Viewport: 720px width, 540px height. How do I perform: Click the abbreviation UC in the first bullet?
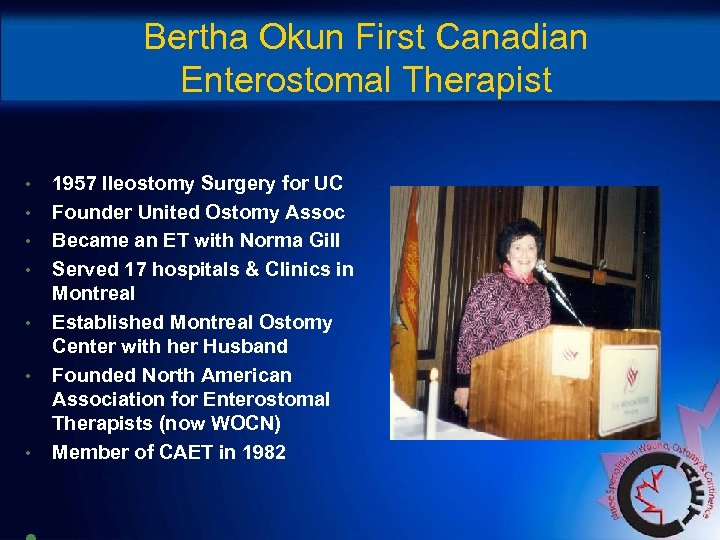click(327, 183)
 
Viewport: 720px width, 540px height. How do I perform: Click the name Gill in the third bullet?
click(318, 241)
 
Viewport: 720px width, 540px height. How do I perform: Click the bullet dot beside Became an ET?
click(31, 241)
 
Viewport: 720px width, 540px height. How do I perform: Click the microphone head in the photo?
click(541, 267)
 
